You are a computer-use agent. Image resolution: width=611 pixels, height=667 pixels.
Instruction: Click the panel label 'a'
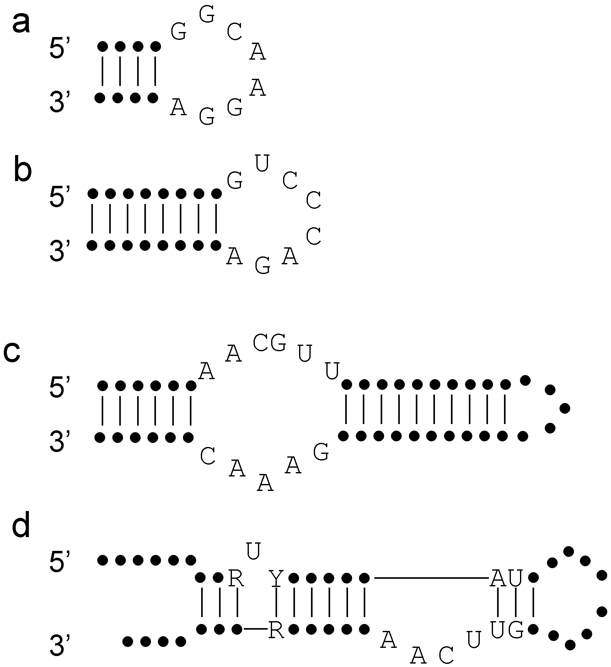click(21, 24)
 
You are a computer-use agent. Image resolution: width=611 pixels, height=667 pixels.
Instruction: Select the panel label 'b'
click(23, 171)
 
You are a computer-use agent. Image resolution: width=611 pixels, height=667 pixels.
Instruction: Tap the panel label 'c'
click(12, 352)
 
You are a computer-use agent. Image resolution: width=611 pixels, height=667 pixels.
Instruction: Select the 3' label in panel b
click(60, 251)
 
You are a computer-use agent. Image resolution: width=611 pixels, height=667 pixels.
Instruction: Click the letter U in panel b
click(262, 164)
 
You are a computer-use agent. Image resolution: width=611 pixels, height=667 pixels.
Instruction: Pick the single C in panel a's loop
click(234, 32)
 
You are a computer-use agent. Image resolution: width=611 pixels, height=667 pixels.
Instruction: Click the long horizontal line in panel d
click(431, 578)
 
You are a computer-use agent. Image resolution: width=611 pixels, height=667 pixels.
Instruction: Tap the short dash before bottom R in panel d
click(255, 628)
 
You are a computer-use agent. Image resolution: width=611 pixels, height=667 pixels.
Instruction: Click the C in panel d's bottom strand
click(446, 654)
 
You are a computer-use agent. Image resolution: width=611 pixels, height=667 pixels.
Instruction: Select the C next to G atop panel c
click(261, 343)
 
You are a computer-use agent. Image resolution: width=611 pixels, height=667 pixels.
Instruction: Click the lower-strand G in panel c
click(321, 452)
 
